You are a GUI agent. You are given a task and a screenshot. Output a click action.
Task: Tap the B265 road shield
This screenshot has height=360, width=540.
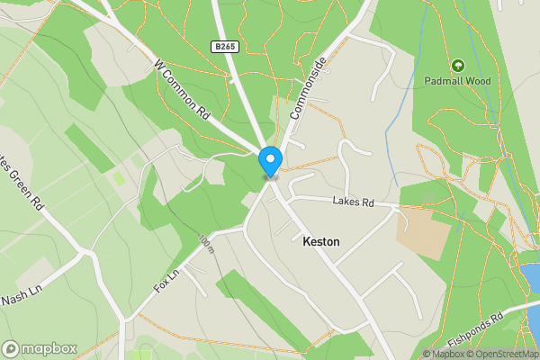pos(225,46)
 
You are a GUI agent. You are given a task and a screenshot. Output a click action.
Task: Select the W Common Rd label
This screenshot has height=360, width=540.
pos(183,90)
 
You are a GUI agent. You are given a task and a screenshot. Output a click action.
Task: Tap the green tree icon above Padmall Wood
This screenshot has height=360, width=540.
pos(458,65)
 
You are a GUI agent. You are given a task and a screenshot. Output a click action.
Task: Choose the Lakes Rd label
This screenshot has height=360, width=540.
pos(353,202)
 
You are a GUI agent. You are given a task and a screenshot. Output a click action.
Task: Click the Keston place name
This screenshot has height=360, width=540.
pos(321,242)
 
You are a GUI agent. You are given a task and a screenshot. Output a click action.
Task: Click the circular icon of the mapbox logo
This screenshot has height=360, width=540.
pos(12,348)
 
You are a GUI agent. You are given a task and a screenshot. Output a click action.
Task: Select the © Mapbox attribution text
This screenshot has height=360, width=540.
pos(444,354)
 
